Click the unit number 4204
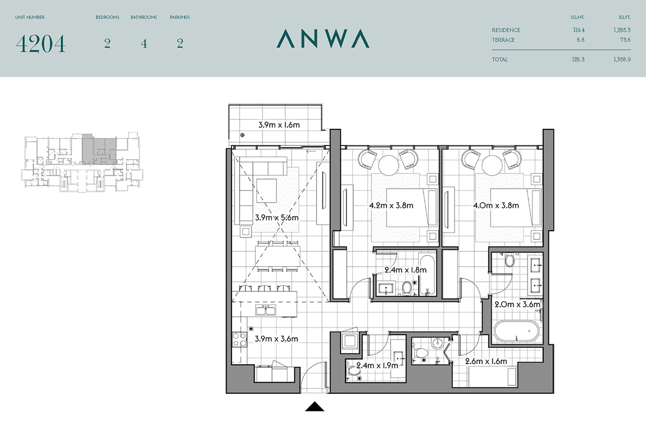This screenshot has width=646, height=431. pos(41,44)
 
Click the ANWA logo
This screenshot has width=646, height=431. pos(323,38)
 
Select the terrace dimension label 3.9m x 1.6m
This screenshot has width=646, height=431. pos(279,124)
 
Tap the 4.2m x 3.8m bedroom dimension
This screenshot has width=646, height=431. pos(391,205)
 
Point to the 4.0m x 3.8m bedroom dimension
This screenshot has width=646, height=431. pos(496,205)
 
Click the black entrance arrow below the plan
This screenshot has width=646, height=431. pos(314,406)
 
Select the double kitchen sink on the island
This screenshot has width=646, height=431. pos(265,310)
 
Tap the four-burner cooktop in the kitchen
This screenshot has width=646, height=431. pos(240,339)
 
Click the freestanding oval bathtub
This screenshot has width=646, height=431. pos(516,331)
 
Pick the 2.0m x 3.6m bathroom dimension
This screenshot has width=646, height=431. pos(517,304)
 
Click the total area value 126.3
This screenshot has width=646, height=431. pos(578,59)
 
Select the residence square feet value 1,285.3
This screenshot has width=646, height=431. pos(622,30)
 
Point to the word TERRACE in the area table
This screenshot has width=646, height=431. pos(503,40)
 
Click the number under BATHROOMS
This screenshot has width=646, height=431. pos(144,44)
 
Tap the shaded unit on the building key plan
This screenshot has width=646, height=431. pos(100,149)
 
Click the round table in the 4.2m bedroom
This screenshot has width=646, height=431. pos(389,165)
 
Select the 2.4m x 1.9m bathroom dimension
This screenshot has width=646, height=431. pos(377,365)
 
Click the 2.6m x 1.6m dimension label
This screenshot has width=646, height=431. pos(486,361)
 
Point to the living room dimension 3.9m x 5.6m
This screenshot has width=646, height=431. pos(277,217)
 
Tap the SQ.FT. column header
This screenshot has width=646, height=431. pos(624,17)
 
